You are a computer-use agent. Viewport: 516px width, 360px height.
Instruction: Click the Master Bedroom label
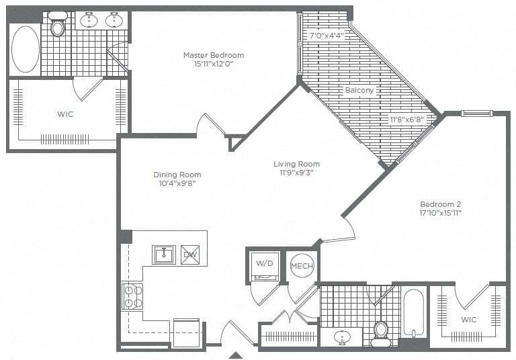[214, 55]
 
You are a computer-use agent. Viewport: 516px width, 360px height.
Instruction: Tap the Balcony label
[359, 90]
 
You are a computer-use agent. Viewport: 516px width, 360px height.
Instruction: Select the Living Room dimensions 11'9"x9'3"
[296, 173]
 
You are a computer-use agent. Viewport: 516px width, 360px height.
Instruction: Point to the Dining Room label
[177, 175]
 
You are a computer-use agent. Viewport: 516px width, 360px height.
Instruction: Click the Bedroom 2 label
[440, 204]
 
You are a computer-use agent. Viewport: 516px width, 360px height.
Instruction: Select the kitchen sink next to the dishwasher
[163, 255]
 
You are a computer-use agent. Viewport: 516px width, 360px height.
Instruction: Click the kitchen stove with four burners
[132, 296]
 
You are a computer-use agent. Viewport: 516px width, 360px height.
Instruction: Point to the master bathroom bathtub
[26, 49]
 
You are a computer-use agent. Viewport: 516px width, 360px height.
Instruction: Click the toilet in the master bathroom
[58, 26]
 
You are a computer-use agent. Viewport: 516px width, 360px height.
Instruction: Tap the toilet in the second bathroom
[381, 331]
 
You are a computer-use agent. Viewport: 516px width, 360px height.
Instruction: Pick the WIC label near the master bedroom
[65, 114]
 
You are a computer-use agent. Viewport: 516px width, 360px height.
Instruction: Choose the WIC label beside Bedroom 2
[469, 320]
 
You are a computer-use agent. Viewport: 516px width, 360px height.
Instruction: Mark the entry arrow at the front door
[236, 355]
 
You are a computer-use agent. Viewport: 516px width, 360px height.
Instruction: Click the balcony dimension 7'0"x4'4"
[326, 36]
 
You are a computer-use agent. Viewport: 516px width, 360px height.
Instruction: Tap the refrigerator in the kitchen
[186, 332]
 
